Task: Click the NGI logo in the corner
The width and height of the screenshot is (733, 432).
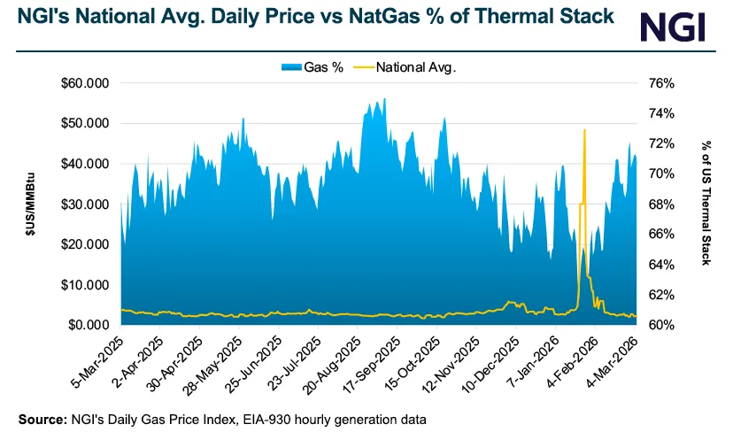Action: click(x=674, y=26)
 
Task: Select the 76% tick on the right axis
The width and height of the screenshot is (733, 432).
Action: click(x=662, y=83)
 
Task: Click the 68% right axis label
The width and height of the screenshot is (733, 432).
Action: click(x=662, y=204)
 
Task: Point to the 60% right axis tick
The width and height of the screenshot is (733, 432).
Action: click(x=662, y=326)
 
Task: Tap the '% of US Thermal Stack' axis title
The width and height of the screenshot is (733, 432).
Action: click(x=706, y=204)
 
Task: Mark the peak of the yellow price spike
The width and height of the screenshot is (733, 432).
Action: click(x=584, y=130)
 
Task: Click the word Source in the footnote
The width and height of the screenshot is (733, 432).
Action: click(x=41, y=416)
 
